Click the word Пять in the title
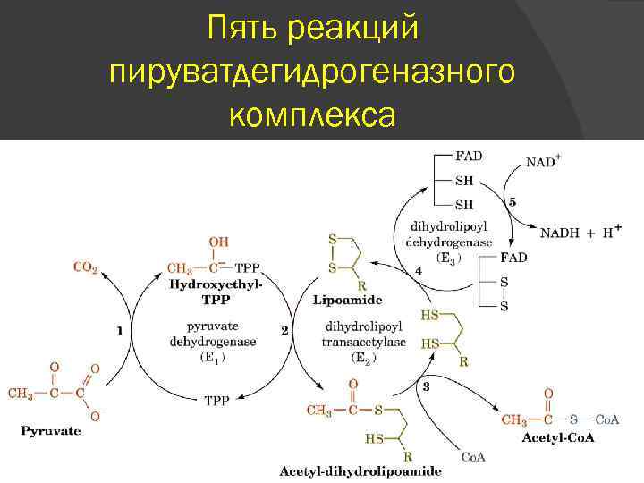[241, 30]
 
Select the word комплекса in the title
[311, 115]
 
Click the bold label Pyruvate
[50, 430]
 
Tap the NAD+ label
[544, 162]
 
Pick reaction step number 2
[284, 330]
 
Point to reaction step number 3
[426, 386]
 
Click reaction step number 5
[512, 202]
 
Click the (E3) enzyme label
[448, 256]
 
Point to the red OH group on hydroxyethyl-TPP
[217, 241]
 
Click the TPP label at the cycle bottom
[217, 401]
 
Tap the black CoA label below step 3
[473, 457]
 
